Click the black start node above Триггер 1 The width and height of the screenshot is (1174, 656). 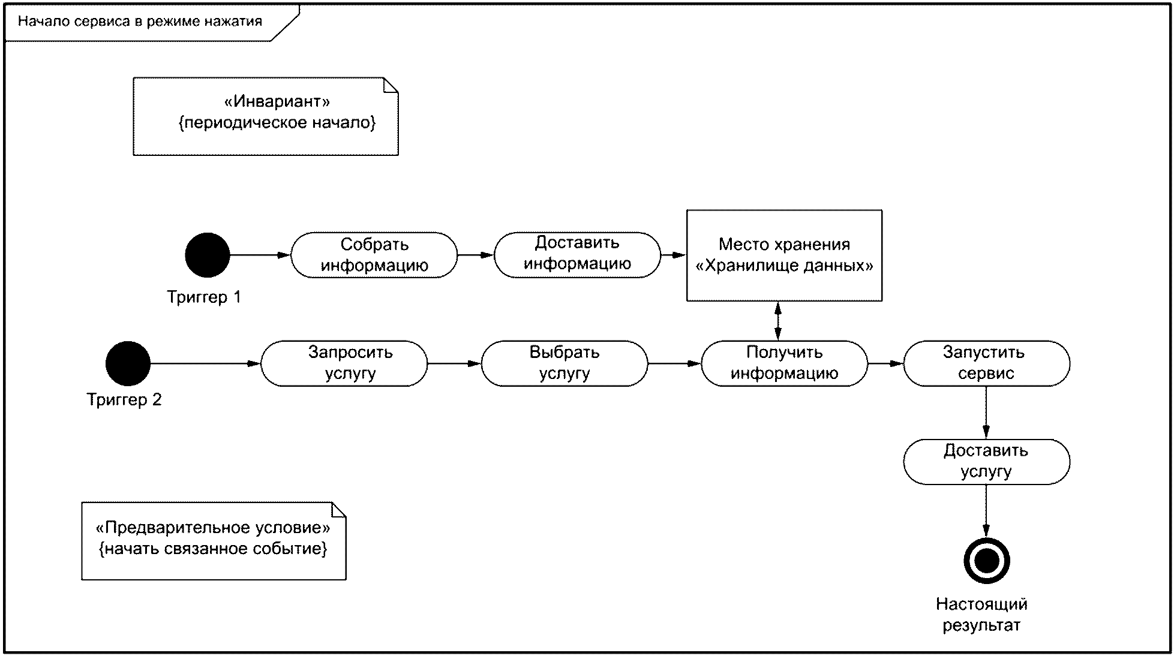pos(208,255)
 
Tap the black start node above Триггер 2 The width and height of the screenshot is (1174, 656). pos(128,363)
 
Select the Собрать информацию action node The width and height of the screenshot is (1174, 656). pos(374,255)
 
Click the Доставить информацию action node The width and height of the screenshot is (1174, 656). pos(577,255)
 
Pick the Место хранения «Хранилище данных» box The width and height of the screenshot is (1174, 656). pos(784,255)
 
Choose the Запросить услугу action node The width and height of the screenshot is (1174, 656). pos(344,363)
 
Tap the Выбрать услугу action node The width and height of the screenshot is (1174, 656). pos(565,363)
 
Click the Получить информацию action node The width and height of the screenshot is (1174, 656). pos(785,363)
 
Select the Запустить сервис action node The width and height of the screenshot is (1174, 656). pos(987,363)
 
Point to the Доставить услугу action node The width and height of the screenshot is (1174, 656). pos(987,462)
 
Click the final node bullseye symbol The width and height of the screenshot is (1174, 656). pos(987,561)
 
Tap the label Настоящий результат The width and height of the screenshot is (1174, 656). pos(982,615)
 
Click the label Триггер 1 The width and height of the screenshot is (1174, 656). pos(204,297)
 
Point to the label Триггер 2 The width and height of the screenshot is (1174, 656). pos(124,400)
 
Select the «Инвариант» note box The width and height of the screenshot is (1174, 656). pos(266,116)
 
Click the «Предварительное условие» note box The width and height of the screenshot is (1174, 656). pos(214,541)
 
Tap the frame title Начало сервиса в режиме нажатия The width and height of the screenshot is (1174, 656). pos(140,22)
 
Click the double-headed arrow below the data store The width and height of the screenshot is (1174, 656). pos(778,321)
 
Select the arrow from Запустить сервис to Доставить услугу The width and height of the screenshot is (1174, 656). pos(986,413)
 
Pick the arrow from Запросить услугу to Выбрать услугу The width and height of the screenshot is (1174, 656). pos(455,363)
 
